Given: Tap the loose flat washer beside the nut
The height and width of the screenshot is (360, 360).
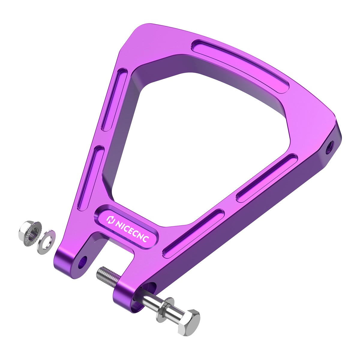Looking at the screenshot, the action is tap(46, 242).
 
